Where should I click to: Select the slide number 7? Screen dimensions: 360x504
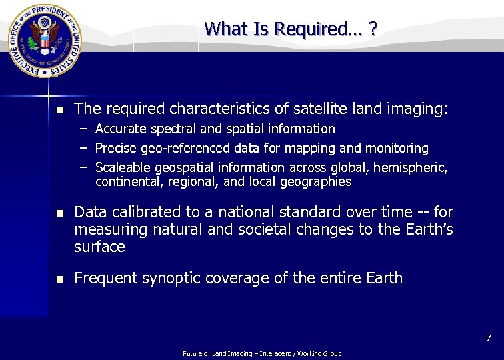click(487, 339)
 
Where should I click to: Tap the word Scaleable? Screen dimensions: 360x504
click(123, 167)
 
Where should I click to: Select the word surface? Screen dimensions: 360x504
click(99, 247)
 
